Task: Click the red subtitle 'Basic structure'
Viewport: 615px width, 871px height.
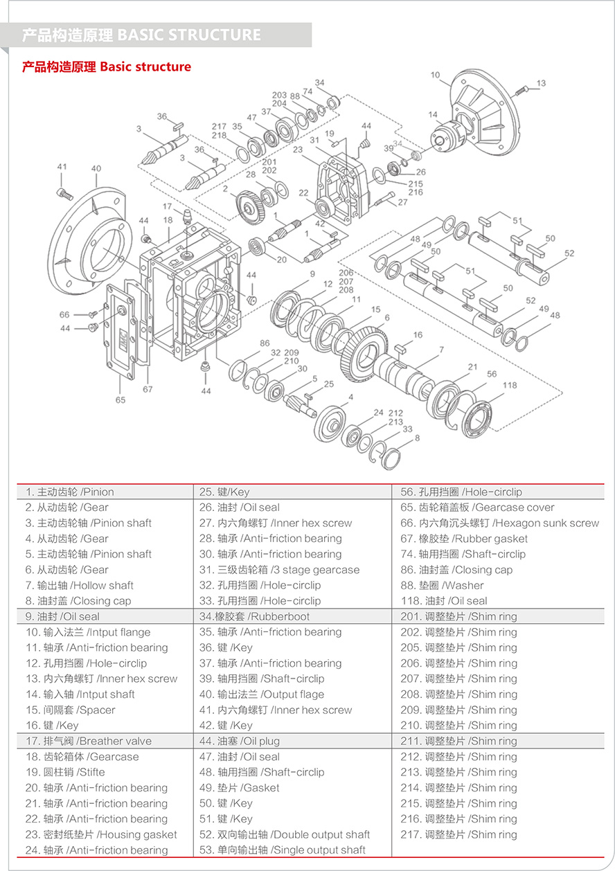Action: pos(145,67)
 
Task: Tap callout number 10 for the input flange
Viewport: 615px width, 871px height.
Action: pos(435,75)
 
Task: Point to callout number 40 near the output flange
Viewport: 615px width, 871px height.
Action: pos(96,168)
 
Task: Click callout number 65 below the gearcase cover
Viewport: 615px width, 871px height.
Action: pos(121,399)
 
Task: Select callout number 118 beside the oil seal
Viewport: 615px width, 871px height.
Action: pos(510,386)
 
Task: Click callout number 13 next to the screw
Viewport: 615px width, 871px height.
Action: pos(541,83)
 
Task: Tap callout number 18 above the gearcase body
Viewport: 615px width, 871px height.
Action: pos(168,219)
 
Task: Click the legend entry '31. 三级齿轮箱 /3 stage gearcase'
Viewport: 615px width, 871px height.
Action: pos(279,570)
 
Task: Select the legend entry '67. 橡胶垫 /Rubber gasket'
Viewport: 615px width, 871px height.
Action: pos(464,539)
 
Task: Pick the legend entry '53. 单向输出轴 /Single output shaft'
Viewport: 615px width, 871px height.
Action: pos(283,850)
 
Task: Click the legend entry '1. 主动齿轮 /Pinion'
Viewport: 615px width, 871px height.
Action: pos(70,492)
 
